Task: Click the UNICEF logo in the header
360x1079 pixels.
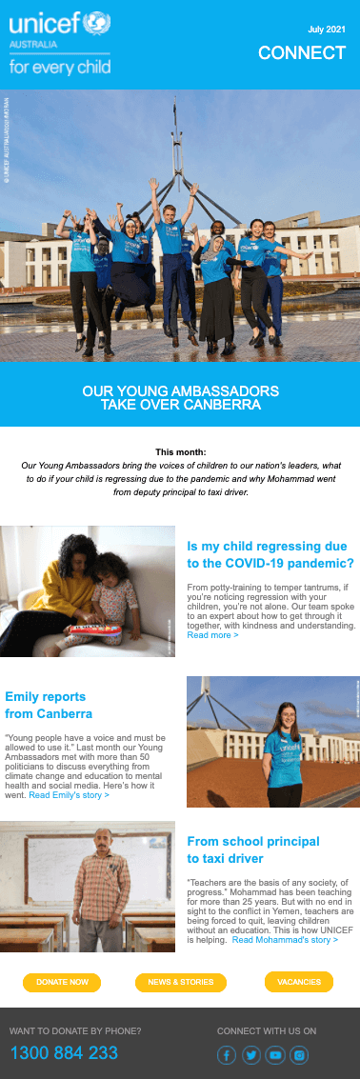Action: [60, 42]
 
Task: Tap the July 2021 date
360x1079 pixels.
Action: [327, 30]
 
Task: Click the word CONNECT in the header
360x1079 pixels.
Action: [302, 53]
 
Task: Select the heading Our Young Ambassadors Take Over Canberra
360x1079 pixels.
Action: [180, 397]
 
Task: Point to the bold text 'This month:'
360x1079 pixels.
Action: [180, 452]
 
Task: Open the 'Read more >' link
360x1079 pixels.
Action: [212, 634]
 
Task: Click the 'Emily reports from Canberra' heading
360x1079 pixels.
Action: [49, 705]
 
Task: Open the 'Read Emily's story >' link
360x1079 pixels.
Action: [69, 794]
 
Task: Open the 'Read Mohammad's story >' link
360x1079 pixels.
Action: [285, 939]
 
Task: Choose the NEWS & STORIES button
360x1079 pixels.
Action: [180, 982]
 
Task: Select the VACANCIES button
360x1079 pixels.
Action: [299, 982]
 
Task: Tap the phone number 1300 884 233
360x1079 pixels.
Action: [64, 1052]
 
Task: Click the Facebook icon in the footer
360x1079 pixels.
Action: [227, 1054]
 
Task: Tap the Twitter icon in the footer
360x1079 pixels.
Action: [251, 1054]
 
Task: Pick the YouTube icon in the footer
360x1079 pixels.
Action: [275, 1054]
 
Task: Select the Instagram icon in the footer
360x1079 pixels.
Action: [299, 1054]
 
